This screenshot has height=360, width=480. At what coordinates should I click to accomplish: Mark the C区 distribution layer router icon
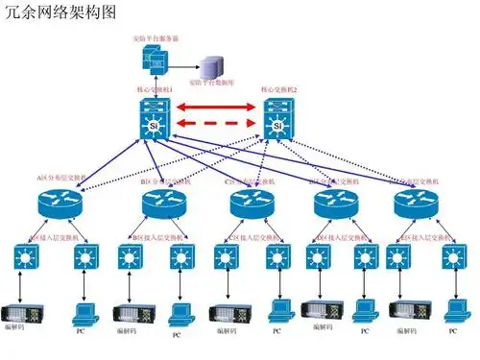tap(252, 204)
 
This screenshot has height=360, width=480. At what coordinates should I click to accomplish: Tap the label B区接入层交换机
tap(154, 235)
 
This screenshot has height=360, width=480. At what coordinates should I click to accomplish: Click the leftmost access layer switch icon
tap(24, 257)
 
